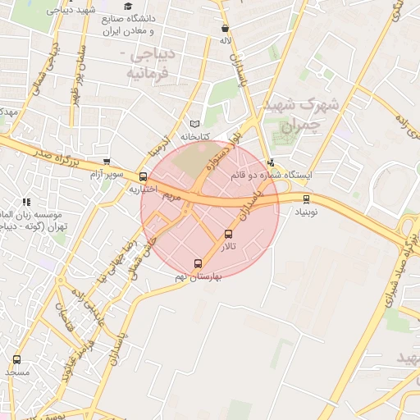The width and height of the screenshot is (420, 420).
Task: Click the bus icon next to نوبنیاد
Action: [x=307, y=199]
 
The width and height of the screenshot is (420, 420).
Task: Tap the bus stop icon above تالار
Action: [x=228, y=234]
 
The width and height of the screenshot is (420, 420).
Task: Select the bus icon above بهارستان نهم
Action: [x=197, y=263]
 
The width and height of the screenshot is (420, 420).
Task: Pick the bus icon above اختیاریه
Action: [x=144, y=176]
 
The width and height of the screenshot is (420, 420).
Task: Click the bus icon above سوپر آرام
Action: [x=106, y=162]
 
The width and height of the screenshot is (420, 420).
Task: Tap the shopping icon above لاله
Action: [x=225, y=28]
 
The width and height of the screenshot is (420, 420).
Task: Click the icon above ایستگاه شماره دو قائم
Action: [x=271, y=162]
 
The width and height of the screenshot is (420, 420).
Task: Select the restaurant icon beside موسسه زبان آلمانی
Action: [x=26, y=202]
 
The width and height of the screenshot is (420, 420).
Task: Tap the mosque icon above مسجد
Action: [x=17, y=360]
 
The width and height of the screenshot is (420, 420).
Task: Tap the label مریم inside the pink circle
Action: [x=171, y=196]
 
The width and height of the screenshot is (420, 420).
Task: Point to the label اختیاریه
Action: [x=143, y=189]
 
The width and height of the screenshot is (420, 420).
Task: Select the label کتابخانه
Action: [x=195, y=135]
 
